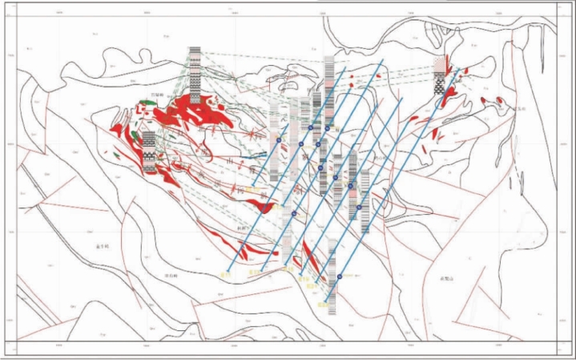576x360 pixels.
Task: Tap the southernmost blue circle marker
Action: pyautogui.click(x=340, y=276)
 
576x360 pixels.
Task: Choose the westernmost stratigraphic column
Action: pyautogui.click(x=149, y=152)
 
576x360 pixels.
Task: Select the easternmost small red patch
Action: pyautogui.click(x=501, y=99)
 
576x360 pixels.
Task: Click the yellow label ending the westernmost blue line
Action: pyautogui.click(x=225, y=275)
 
